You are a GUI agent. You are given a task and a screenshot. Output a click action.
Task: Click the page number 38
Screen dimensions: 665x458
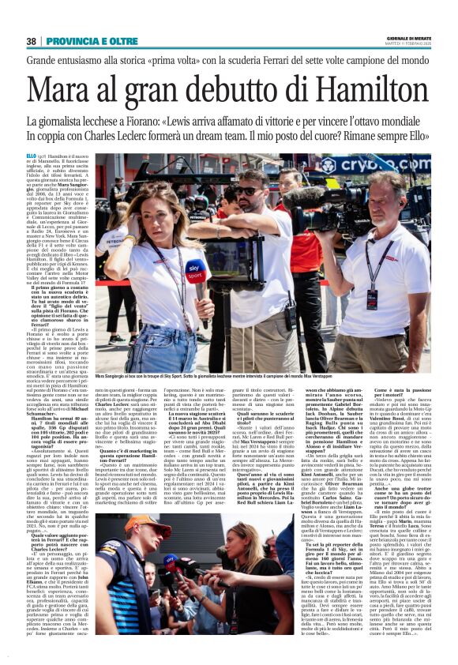click(x=31, y=41)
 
